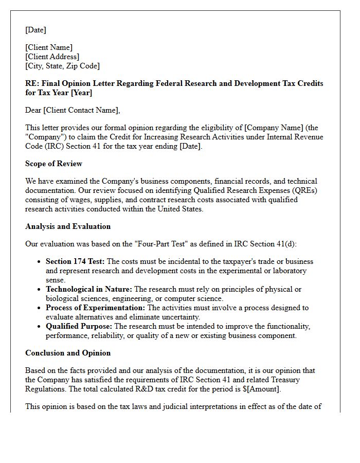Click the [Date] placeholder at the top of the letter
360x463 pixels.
tap(35, 30)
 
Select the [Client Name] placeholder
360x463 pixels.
tap(49, 47)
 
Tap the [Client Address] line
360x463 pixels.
tap(52, 57)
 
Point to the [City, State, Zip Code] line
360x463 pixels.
tap(62, 66)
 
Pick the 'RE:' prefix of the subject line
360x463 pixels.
tap(32, 83)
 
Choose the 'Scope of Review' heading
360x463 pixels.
tap(53, 164)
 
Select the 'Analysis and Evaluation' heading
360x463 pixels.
tap(68, 226)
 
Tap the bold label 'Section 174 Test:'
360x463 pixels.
tap(75, 261)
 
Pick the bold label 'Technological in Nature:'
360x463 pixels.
tap(89, 289)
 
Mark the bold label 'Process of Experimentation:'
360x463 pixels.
tap(96, 308)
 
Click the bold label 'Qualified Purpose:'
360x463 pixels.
tap(79, 326)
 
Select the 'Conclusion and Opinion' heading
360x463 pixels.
tap(68, 353)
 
